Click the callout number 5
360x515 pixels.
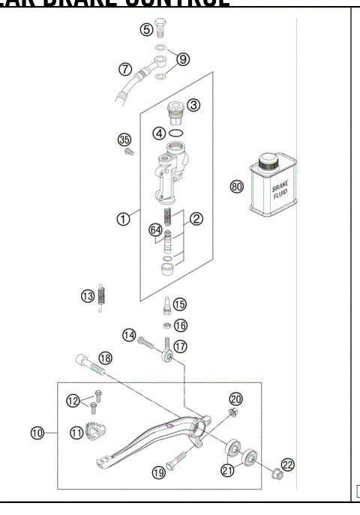coord(146,29)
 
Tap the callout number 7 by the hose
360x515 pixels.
coord(125,68)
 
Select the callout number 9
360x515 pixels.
coord(184,58)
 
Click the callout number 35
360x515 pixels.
coord(124,139)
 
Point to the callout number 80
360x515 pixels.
coord(238,186)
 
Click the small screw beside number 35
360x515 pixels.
coord(128,152)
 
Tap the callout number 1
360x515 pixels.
coord(123,219)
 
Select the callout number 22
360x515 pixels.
coord(288,465)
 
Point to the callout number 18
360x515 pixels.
coord(106,358)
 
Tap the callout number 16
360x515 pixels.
coord(180,325)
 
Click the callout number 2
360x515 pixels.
coord(196,219)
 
